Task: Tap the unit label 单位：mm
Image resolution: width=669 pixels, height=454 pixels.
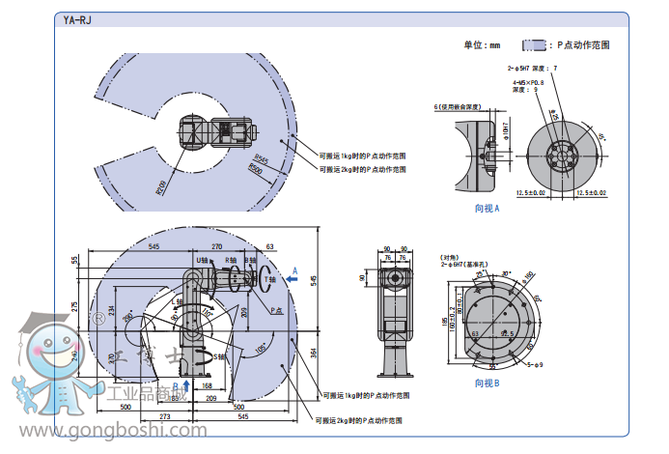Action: tap(483, 44)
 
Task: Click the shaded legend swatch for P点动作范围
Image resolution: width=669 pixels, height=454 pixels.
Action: tap(535, 44)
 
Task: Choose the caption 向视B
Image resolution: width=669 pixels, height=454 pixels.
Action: tap(487, 383)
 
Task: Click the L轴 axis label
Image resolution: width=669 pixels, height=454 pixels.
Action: tap(177, 303)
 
